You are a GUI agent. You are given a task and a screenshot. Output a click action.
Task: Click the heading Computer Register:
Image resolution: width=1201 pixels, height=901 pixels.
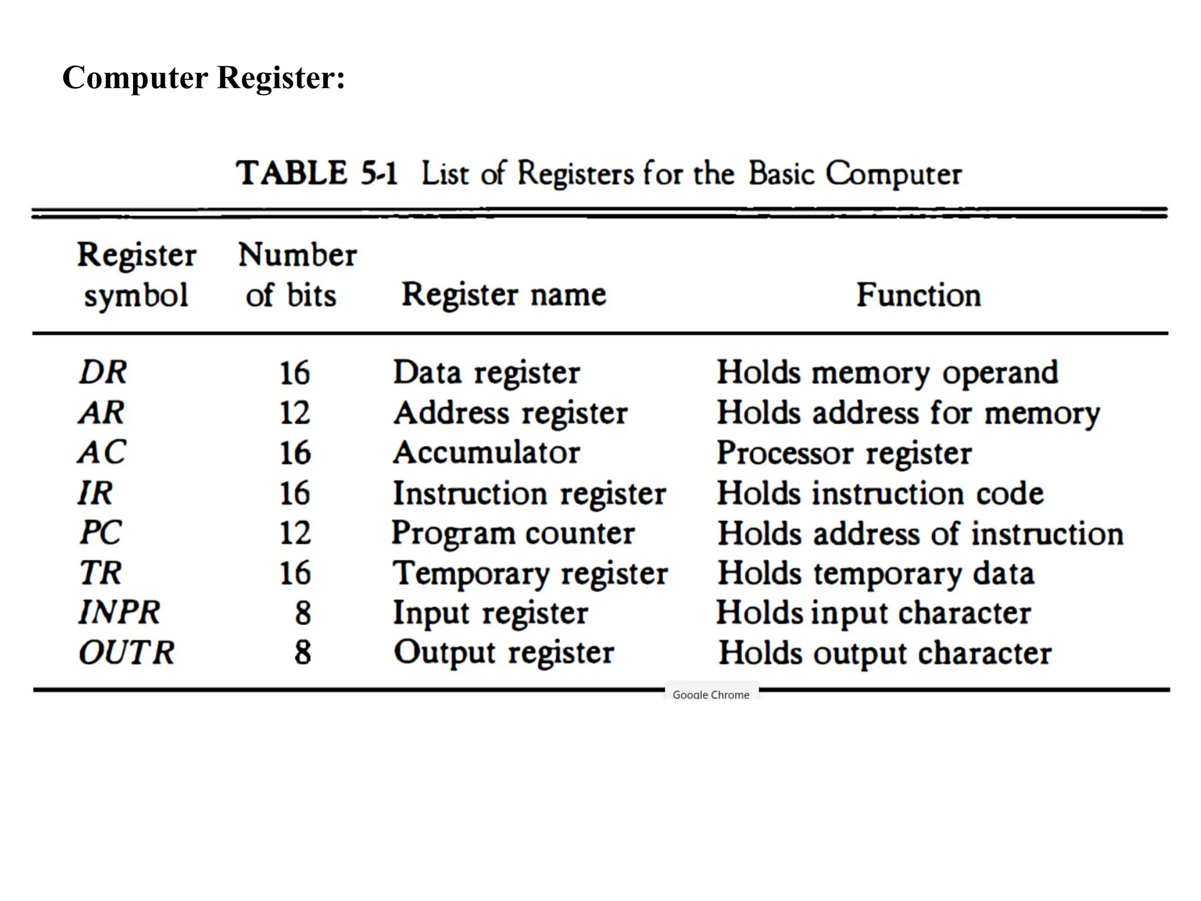203,77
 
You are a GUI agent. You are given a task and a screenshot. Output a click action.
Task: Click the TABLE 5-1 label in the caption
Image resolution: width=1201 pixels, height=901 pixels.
317,174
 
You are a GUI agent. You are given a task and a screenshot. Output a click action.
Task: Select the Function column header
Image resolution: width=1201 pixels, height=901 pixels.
918,294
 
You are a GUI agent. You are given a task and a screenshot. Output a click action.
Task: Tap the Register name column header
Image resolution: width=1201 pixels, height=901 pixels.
504,294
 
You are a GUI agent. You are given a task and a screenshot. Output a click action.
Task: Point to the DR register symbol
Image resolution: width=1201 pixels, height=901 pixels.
103,372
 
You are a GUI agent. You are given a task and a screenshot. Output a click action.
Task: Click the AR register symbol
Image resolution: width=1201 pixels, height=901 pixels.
102,412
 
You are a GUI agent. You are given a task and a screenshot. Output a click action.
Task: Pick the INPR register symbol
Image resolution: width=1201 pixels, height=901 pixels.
120,612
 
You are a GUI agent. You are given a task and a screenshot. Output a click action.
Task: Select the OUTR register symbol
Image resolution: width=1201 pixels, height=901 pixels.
127,652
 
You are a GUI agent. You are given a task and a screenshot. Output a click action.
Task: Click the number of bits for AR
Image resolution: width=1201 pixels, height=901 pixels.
294,413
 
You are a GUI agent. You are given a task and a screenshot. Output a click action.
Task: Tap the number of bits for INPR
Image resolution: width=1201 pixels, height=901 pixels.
303,613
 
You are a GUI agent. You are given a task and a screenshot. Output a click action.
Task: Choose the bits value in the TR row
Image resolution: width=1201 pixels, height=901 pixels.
294,573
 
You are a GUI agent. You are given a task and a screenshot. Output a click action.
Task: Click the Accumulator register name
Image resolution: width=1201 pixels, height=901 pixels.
487,453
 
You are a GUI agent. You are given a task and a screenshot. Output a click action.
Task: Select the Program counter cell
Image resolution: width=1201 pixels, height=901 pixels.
513,533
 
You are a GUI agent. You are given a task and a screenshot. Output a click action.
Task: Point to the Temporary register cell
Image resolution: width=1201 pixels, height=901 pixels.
530,573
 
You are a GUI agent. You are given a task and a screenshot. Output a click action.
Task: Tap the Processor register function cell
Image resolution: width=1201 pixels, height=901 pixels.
844,453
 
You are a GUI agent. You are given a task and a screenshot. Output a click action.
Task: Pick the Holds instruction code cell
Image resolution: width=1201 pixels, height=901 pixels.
880,493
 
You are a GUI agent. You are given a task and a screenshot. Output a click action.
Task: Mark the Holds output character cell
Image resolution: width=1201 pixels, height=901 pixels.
885,653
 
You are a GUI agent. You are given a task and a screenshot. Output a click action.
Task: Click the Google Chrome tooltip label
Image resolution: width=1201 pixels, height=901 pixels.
711,695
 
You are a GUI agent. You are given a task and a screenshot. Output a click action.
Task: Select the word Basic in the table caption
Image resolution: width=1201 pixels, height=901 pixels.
782,174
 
